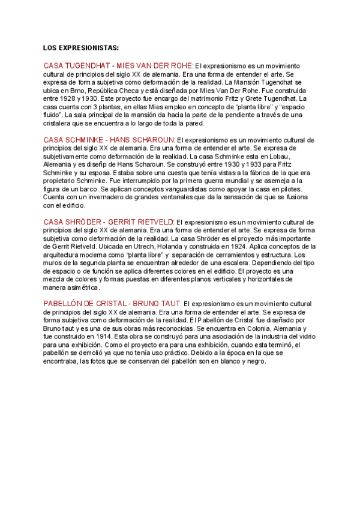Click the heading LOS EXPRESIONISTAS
[81, 47]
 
